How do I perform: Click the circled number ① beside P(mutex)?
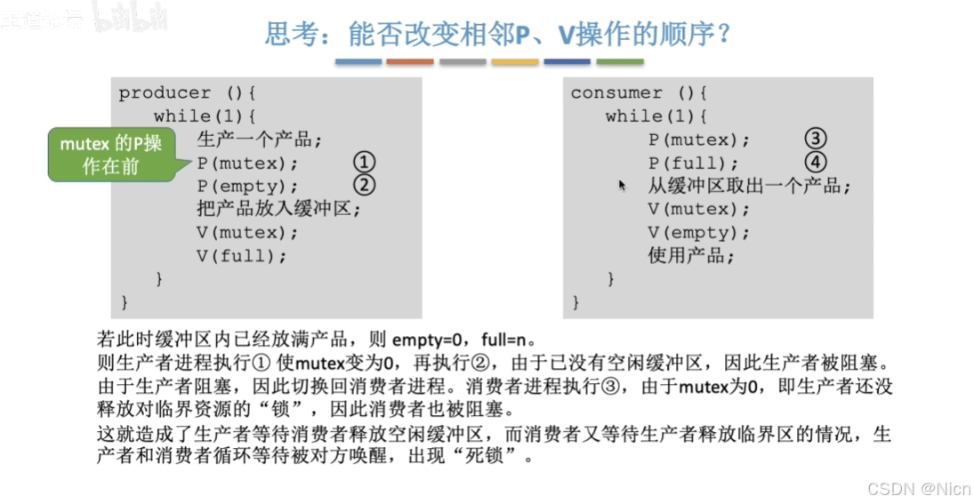[364, 163]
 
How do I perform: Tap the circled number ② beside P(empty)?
[364, 186]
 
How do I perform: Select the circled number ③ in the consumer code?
[816, 140]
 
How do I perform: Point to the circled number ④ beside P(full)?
[816, 163]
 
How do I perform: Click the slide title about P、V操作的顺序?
[498, 35]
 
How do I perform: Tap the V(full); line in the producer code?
[242, 256]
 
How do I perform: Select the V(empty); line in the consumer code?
[698, 233]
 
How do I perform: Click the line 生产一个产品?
[259, 140]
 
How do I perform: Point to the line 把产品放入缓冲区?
[279, 210]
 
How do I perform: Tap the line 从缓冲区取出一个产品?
[749, 187]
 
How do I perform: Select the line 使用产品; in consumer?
[691, 256]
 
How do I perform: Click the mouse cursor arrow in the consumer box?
[622, 185]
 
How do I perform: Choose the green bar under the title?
[620, 62]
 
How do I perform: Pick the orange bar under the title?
[410, 62]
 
